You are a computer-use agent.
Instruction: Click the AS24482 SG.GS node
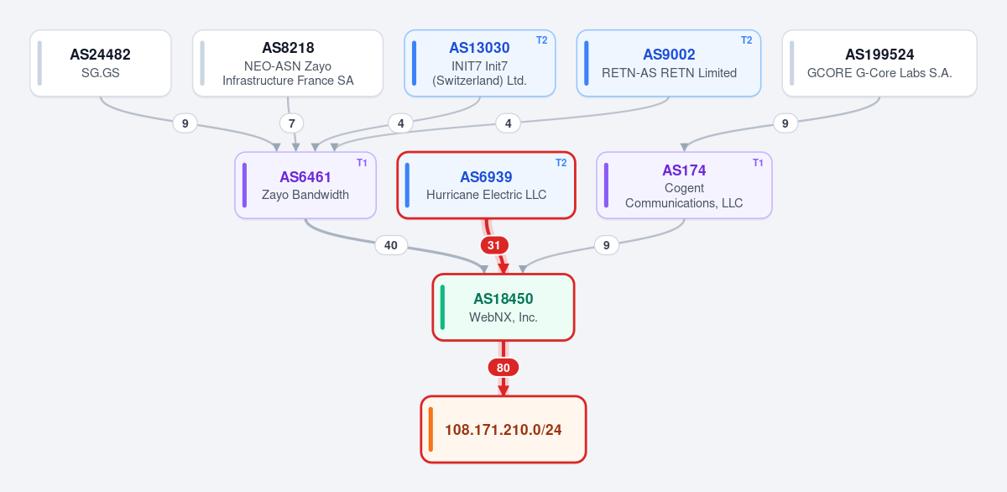tap(101, 63)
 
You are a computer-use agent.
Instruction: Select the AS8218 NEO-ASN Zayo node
tap(288, 63)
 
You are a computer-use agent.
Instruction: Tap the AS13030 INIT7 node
tap(480, 63)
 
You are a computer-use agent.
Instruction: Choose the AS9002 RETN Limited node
tap(669, 63)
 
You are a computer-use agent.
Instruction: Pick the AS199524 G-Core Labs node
tap(879, 63)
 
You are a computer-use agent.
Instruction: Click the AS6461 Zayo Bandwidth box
tap(305, 186)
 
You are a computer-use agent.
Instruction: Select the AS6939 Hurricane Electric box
tap(487, 186)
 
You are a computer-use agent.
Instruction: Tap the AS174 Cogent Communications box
tap(684, 186)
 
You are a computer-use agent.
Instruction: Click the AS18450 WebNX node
tap(503, 307)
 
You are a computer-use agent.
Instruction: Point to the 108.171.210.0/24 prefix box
tap(503, 430)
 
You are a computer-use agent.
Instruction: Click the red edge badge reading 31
tap(494, 245)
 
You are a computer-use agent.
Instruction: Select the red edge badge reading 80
tap(503, 368)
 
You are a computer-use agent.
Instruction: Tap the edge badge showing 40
tap(391, 245)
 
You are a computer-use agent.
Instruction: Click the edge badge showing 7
tap(292, 123)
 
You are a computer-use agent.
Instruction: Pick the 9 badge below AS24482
tap(185, 123)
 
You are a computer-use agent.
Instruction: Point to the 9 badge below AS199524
tap(785, 123)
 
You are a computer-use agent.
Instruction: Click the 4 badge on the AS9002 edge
tap(508, 123)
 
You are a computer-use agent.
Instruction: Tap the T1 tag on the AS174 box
tap(758, 163)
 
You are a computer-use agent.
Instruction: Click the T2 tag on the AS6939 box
tap(561, 163)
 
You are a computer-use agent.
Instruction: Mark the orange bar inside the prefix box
tap(430, 430)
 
